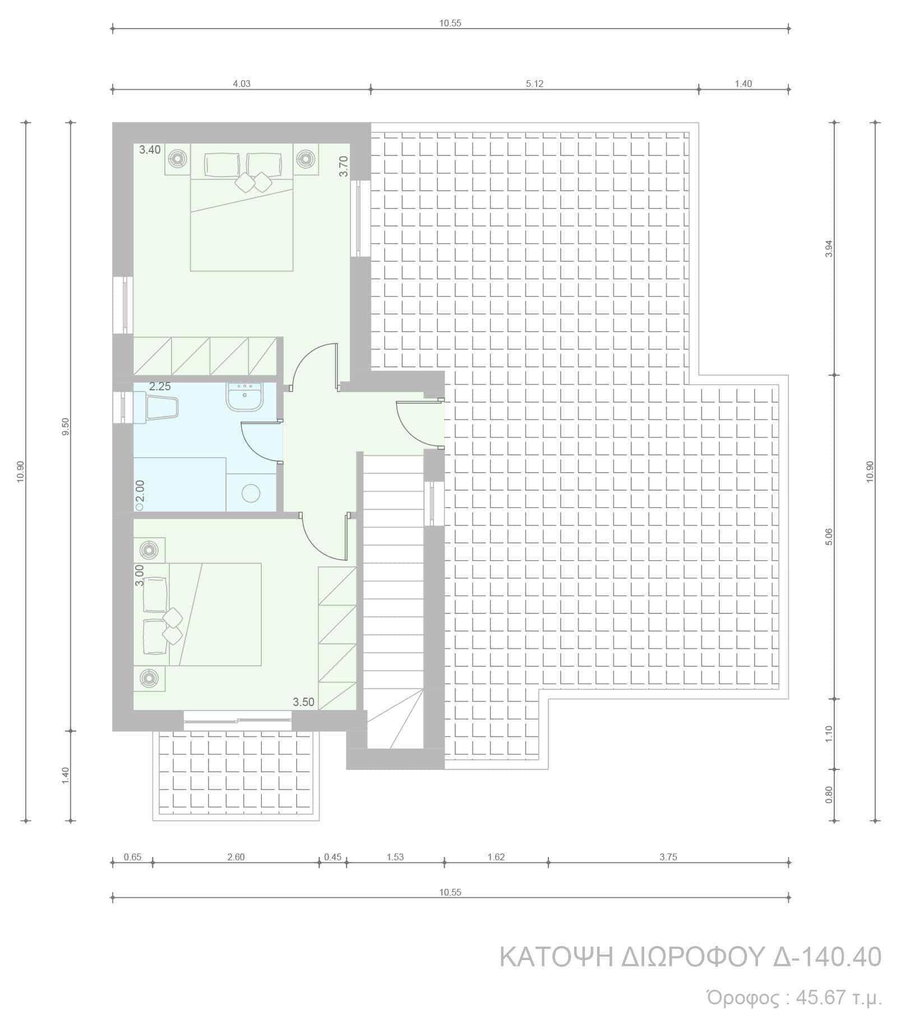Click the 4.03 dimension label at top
(x=242, y=84)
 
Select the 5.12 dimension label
(x=535, y=84)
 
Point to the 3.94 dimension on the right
(x=830, y=248)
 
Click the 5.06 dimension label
(x=830, y=537)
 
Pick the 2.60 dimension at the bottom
(x=235, y=857)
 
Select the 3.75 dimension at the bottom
(x=668, y=857)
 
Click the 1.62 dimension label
(x=496, y=857)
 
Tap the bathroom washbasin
(x=244, y=397)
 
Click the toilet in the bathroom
(x=156, y=408)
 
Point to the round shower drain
(x=251, y=493)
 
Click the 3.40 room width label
(x=150, y=150)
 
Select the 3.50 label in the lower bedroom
(x=303, y=702)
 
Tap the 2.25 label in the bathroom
(x=160, y=386)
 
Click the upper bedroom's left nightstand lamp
(x=178, y=159)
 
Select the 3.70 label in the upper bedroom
(x=344, y=167)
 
